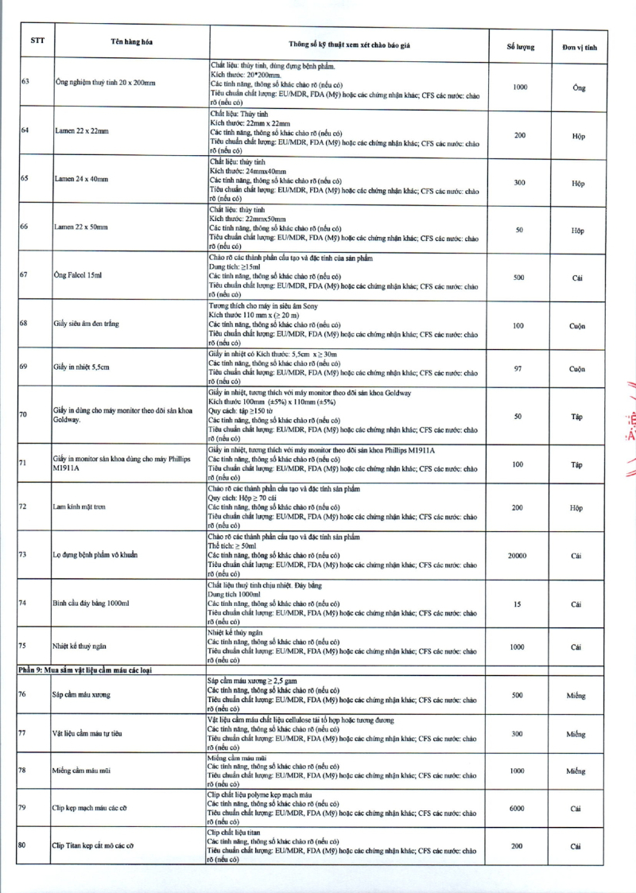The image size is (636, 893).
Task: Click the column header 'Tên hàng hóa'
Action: click(132, 42)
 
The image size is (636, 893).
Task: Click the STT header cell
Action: click(37, 41)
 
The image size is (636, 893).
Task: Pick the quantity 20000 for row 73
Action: click(518, 556)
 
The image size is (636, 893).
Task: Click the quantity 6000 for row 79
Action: click(517, 809)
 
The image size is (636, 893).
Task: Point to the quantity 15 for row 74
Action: click(518, 604)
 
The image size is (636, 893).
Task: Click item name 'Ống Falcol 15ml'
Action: click(78, 275)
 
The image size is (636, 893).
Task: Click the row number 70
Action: click(24, 413)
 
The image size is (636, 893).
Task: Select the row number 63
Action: click(25, 83)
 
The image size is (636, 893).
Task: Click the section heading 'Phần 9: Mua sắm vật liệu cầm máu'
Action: click(85, 670)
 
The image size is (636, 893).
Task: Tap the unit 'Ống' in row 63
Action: click(578, 88)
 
